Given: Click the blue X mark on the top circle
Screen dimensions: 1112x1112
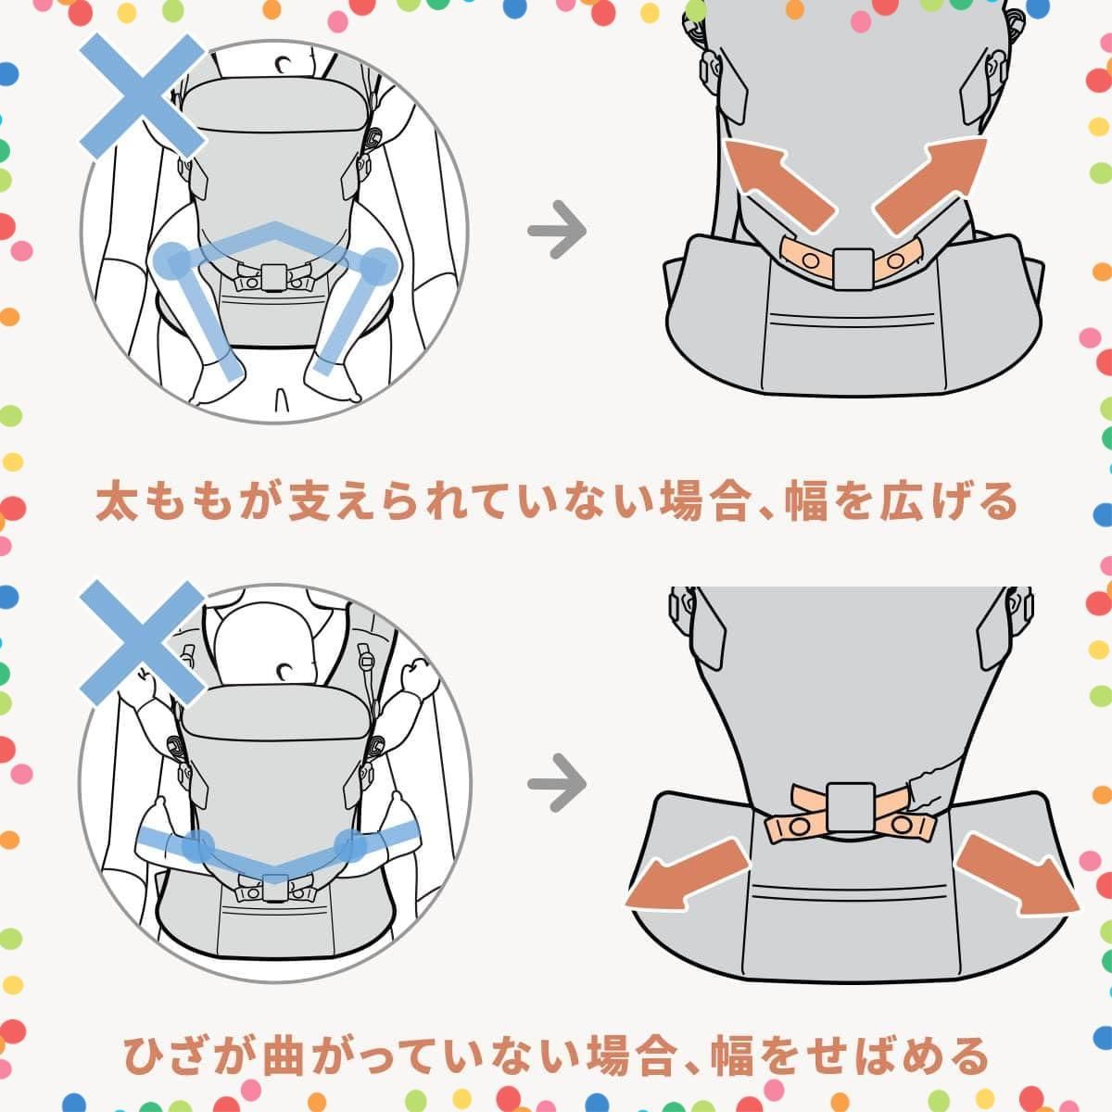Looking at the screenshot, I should (142, 95).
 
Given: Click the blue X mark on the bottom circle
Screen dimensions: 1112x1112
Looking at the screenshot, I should (142, 641).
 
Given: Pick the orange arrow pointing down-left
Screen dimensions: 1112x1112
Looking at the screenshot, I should (686, 873).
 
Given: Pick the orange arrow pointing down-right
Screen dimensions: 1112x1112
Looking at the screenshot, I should (1019, 873).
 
